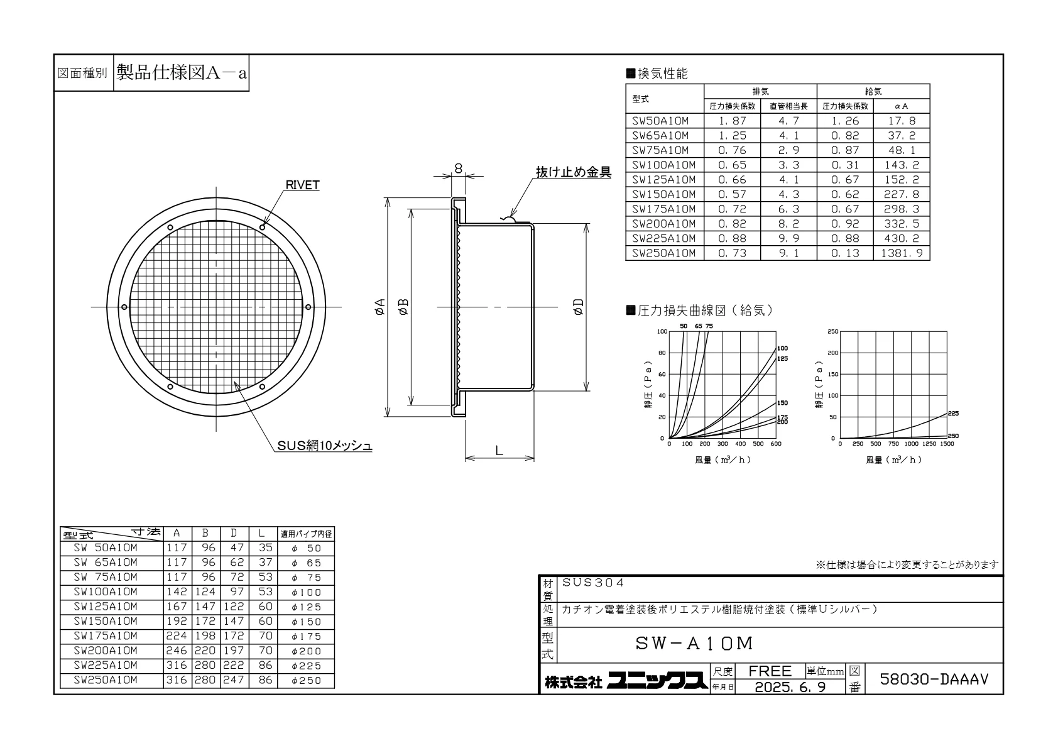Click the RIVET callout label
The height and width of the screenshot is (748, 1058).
pyautogui.click(x=302, y=185)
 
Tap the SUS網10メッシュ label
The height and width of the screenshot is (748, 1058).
pyautogui.click(x=324, y=445)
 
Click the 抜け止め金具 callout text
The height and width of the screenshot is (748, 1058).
pyautogui.click(x=574, y=172)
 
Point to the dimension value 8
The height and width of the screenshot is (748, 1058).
pyautogui.click(x=458, y=168)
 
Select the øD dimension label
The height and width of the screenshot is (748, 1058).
pyautogui.click(x=579, y=307)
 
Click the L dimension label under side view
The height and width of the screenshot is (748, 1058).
pyautogui.click(x=499, y=450)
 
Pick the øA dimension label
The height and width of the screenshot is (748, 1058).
pyautogui.click(x=380, y=307)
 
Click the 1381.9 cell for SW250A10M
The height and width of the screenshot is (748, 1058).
pyautogui.click(x=901, y=253)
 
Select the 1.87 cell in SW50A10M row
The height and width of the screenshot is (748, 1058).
pyautogui.click(x=732, y=121)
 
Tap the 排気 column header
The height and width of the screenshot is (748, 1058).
pyautogui.click(x=760, y=91)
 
